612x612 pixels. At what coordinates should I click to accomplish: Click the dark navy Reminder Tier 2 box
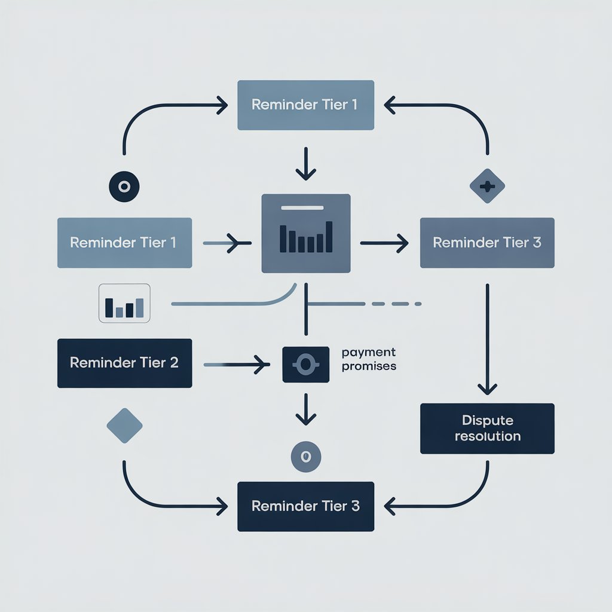(x=124, y=363)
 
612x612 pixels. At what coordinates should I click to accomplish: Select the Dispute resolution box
(x=487, y=429)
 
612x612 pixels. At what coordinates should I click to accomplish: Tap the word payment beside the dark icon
(x=369, y=353)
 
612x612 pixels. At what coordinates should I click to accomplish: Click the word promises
(x=369, y=366)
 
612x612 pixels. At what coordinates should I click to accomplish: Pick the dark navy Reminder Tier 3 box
(x=305, y=506)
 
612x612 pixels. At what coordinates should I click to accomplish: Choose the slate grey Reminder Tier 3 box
(x=487, y=243)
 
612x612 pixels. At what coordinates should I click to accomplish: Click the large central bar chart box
(x=306, y=234)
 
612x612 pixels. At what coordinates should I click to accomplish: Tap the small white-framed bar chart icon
(x=124, y=304)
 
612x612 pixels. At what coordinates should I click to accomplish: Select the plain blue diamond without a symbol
(x=124, y=426)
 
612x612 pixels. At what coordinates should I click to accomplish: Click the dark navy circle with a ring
(x=124, y=186)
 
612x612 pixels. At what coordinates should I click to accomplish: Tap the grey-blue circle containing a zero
(x=305, y=457)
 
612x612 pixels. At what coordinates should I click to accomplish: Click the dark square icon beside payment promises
(x=305, y=365)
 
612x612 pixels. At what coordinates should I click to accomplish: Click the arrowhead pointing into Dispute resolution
(x=488, y=388)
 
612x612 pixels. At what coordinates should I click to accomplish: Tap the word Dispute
(x=487, y=421)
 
